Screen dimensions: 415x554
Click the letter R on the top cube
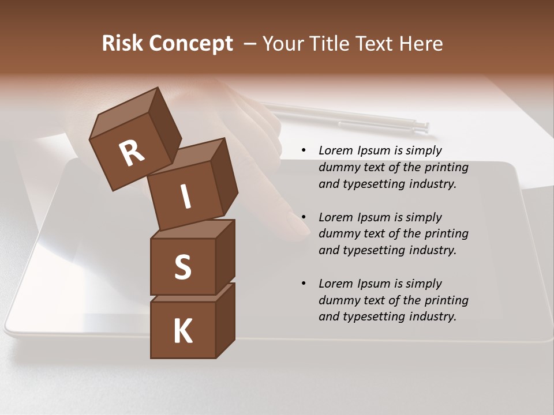(132, 153)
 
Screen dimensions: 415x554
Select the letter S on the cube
(182, 267)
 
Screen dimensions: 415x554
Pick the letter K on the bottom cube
(182, 331)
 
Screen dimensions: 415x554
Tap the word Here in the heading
(421, 43)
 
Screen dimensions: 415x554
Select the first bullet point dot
(304, 150)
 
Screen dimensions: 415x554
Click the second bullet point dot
(304, 217)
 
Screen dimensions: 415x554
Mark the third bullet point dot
(304, 284)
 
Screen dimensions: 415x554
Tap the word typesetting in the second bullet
(376, 250)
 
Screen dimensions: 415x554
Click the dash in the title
(250, 44)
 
